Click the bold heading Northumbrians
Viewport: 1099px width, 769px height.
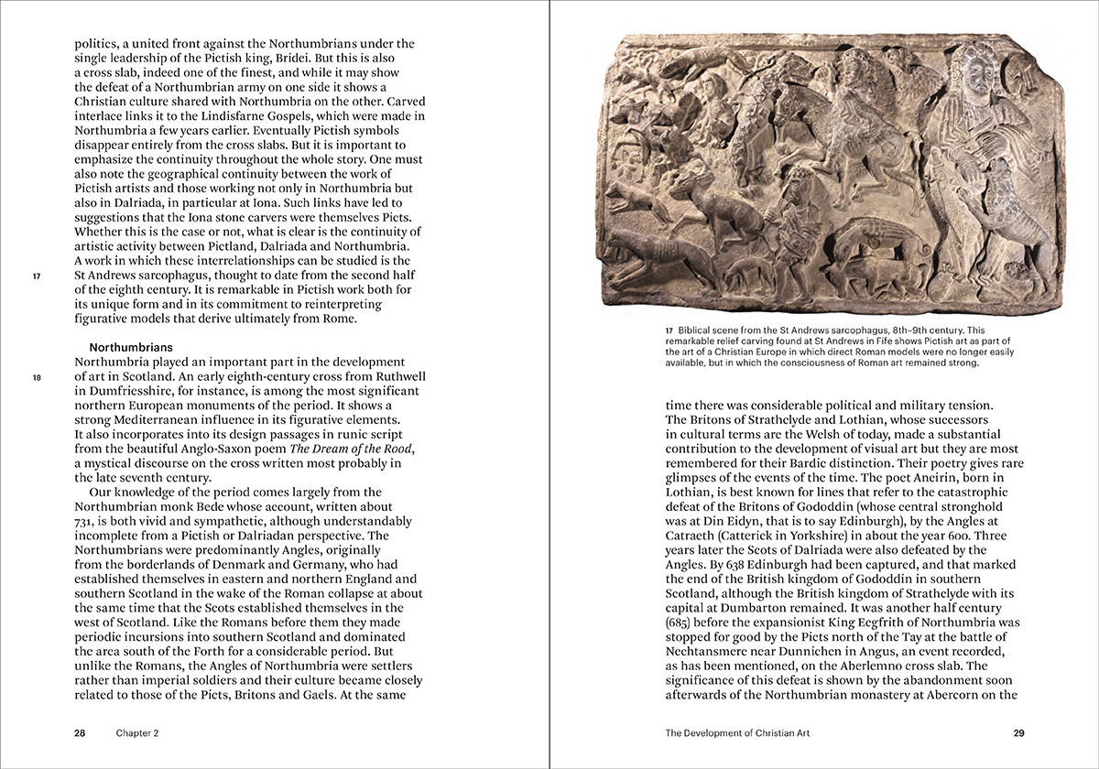[131, 348]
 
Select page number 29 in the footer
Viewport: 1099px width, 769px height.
[1018, 733]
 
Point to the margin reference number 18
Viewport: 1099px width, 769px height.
[37, 378]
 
